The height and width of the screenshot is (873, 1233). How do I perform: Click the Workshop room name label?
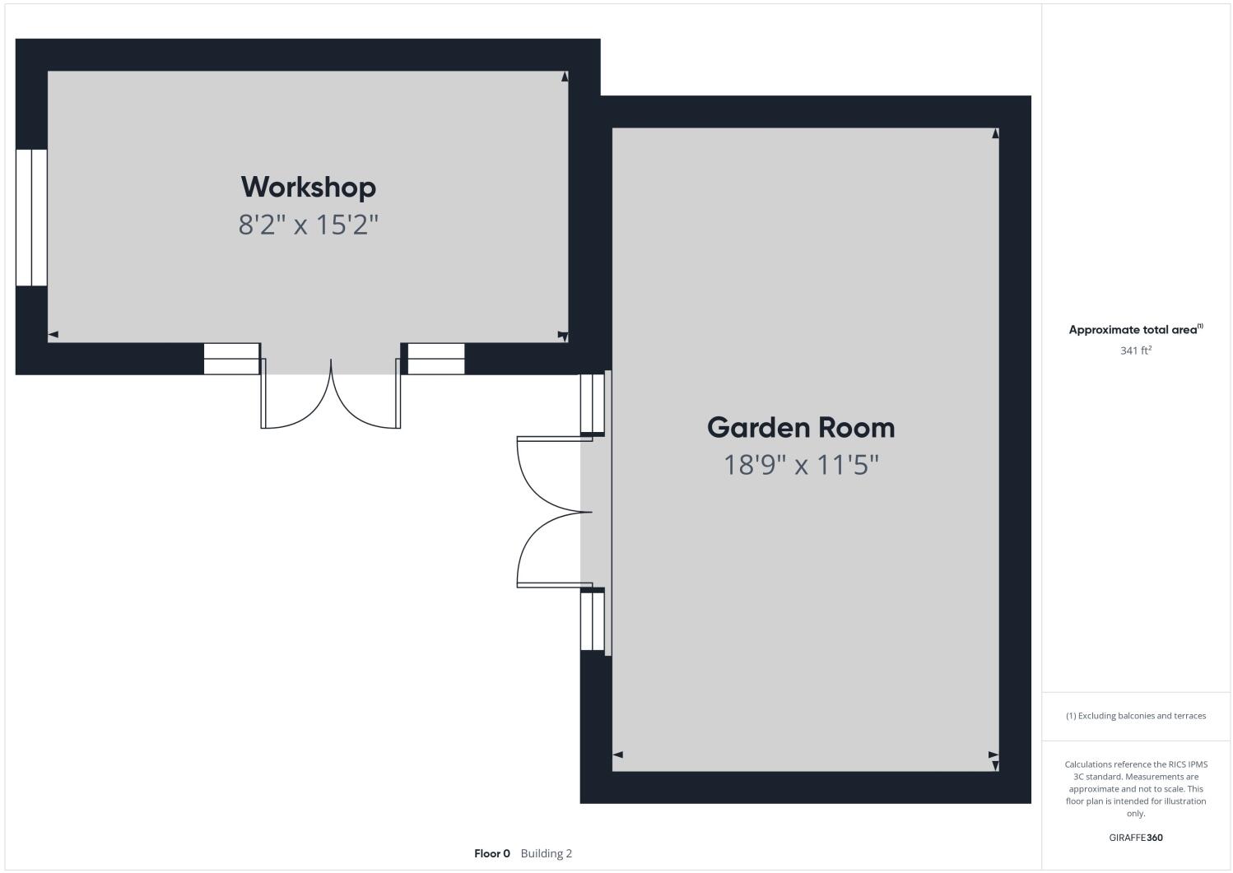click(309, 187)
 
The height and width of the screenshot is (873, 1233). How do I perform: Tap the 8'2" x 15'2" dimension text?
click(309, 225)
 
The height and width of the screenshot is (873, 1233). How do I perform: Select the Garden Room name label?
click(801, 427)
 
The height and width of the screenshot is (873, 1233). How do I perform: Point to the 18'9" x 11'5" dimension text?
click(801, 466)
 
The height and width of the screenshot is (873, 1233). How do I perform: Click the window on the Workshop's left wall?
click(31, 217)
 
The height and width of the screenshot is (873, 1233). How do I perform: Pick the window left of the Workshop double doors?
click(231, 359)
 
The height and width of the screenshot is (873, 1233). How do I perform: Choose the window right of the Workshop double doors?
click(436, 359)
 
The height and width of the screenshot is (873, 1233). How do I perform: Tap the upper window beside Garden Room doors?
click(593, 403)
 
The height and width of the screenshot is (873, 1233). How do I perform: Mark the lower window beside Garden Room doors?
click(593, 621)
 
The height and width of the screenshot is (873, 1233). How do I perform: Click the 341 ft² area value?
click(1136, 351)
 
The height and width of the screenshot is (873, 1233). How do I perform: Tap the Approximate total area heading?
click(1136, 330)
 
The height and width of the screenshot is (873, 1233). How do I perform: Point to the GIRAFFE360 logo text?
click(1136, 838)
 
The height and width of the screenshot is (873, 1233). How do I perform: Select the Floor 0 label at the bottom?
click(492, 853)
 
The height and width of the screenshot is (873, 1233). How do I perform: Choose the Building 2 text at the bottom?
click(547, 853)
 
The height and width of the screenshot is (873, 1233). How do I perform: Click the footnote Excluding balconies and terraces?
click(1136, 716)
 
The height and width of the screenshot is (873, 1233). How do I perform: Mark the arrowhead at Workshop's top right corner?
click(565, 77)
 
